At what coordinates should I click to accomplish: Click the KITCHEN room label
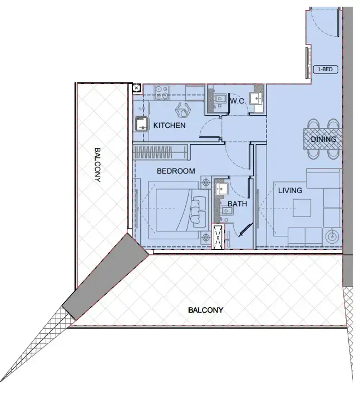click(x=169, y=126)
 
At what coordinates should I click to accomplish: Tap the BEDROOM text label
click(x=176, y=171)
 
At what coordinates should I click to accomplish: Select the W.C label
click(x=238, y=101)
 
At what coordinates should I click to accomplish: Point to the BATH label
click(x=237, y=204)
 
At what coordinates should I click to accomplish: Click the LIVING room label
click(x=290, y=191)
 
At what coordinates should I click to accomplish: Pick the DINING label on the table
click(x=323, y=139)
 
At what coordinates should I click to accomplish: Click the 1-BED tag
click(x=326, y=70)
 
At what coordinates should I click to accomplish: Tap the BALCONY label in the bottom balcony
click(x=205, y=310)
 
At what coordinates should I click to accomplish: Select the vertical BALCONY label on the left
click(x=98, y=165)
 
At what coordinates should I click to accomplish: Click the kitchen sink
click(x=141, y=124)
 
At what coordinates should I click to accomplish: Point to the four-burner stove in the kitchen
click(x=162, y=92)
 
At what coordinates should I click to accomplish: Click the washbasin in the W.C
click(x=257, y=98)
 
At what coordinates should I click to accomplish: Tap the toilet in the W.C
click(x=217, y=98)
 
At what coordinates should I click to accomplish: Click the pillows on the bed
click(x=197, y=211)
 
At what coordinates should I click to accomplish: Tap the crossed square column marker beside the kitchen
click(x=136, y=88)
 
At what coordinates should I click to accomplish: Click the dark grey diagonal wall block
click(x=105, y=276)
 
